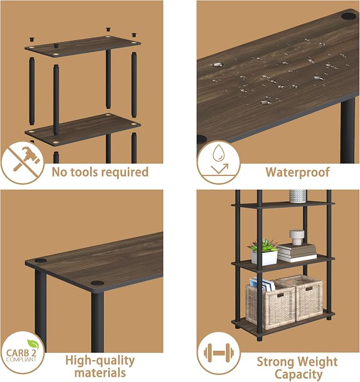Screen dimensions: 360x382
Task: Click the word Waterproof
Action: pyautogui.click(x=297, y=172)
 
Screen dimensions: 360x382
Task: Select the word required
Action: pyautogui.click(x=124, y=173)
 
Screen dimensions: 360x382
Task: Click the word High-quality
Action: pyautogui.click(x=100, y=361)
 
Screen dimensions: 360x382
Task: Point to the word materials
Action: pyautogui.click(x=100, y=373)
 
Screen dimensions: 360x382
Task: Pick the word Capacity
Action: pyautogui.click(x=298, y=375)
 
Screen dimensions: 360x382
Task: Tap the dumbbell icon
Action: pyautogui.click(x=218, y=352)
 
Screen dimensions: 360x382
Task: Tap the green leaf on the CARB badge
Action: pyautogui.click(x=33, y=344)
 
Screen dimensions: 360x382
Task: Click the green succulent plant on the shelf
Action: pyautogui.click(x=263, y=245)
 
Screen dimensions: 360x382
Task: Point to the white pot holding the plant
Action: pyautogui.click(x=264, y=258)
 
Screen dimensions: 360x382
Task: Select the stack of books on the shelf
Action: pyautogui.click(x=296, y=253)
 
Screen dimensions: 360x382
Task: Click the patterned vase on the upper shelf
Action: pyautogui.click(x=298, y=196)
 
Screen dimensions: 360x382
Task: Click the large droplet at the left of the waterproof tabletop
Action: pyautogui.click(x=217, y=65)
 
